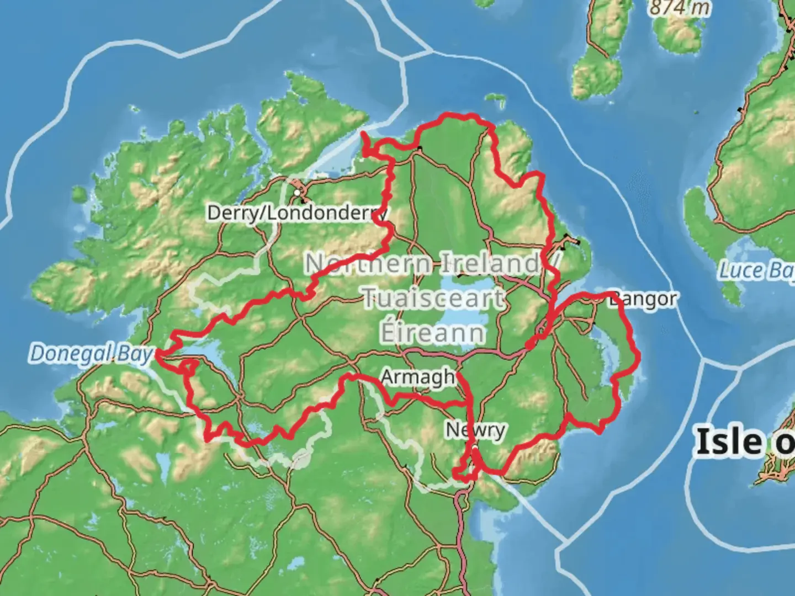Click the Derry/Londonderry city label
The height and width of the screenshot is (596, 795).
(x=296, y=213)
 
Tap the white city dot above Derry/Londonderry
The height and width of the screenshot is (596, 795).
(x=298, y=193)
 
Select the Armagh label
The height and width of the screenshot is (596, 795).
(x=418, y=377)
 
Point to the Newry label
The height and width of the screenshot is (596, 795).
(x=475, y=429)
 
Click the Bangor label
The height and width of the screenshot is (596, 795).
(x=643, y=300)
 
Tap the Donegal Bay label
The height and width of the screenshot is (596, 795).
(x=91, y=353)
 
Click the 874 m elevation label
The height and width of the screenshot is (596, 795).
(x=680, y=8)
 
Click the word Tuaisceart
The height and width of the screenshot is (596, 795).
(x=433, y=299)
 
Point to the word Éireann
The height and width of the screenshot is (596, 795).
(x=433, y=333)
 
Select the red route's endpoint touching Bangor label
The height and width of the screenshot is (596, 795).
(x=611, y=294)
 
